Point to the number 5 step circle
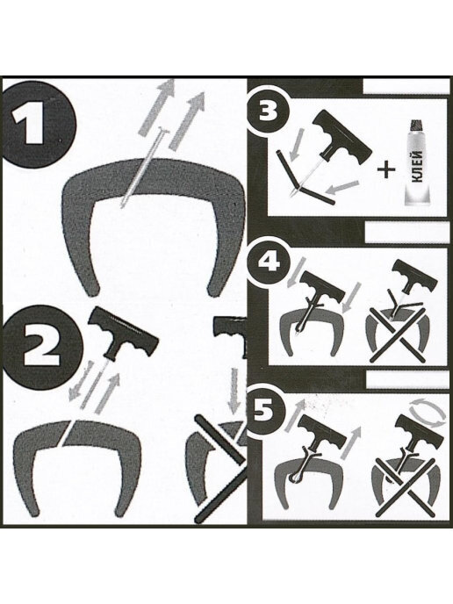265,412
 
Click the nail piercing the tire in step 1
144,168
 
